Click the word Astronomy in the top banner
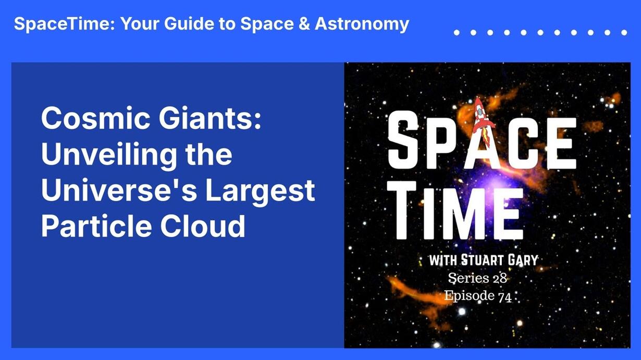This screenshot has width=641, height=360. pyautogui.click(x=362, y=24)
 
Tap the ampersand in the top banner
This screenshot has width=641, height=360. pyautogui.click(x=304, y=23)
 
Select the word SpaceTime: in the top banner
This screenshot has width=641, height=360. pyautogui.click(x=64, y=24)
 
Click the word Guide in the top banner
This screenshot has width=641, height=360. pyautogui.click(x=189, y=23)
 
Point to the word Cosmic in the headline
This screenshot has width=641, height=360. pyautogui.click(x=95, y=118)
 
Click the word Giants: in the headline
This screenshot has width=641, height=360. pyautogui.click(x=210, y=118)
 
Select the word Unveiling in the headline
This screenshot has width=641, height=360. pyautogui.click(x=109, y=155)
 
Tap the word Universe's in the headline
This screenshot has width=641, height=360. pyautogui.click(x=119, y=190)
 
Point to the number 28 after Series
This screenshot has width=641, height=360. pyautogui.click(x=500, y=278)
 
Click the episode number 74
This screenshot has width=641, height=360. pyautogui.click(x=505, y=297)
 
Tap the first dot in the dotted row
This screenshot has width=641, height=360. pyautogui.click(x=457, y=33)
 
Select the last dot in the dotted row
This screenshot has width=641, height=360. pyautogui.click(x=624, y=33)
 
